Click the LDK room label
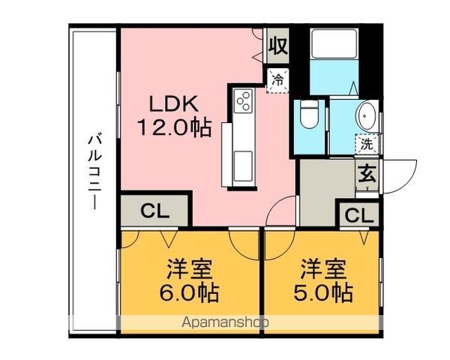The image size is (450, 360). point(174,103)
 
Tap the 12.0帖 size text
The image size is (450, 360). point(175,127)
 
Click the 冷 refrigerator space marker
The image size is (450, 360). point(277,80)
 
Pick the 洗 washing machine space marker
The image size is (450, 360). point(367,144)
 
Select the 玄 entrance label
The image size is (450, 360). point(367,175)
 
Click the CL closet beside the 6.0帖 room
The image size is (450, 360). point(154,211)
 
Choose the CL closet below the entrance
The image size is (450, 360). point(359,215)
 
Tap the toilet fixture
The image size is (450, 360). point(309,114)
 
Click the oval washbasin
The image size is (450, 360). point(367,116)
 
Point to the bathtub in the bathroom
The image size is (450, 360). point(334,43)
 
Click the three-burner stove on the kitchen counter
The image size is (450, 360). point(243,100)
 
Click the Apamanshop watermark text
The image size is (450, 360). point(225,322)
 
